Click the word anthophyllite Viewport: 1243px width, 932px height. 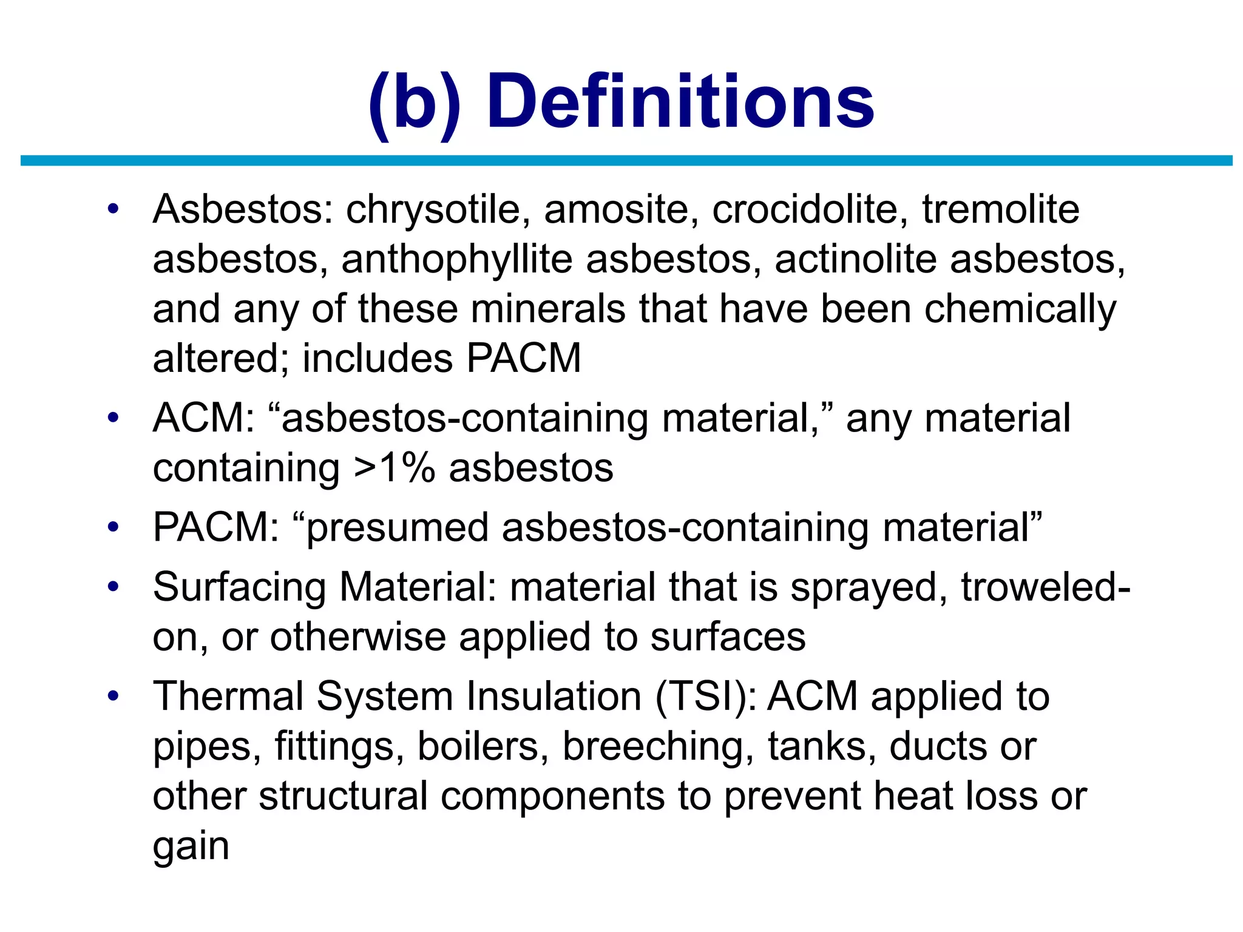(x=456, y=260)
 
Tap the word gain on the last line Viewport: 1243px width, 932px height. (x=191, y=847)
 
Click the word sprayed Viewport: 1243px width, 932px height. (x=869, y=589)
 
